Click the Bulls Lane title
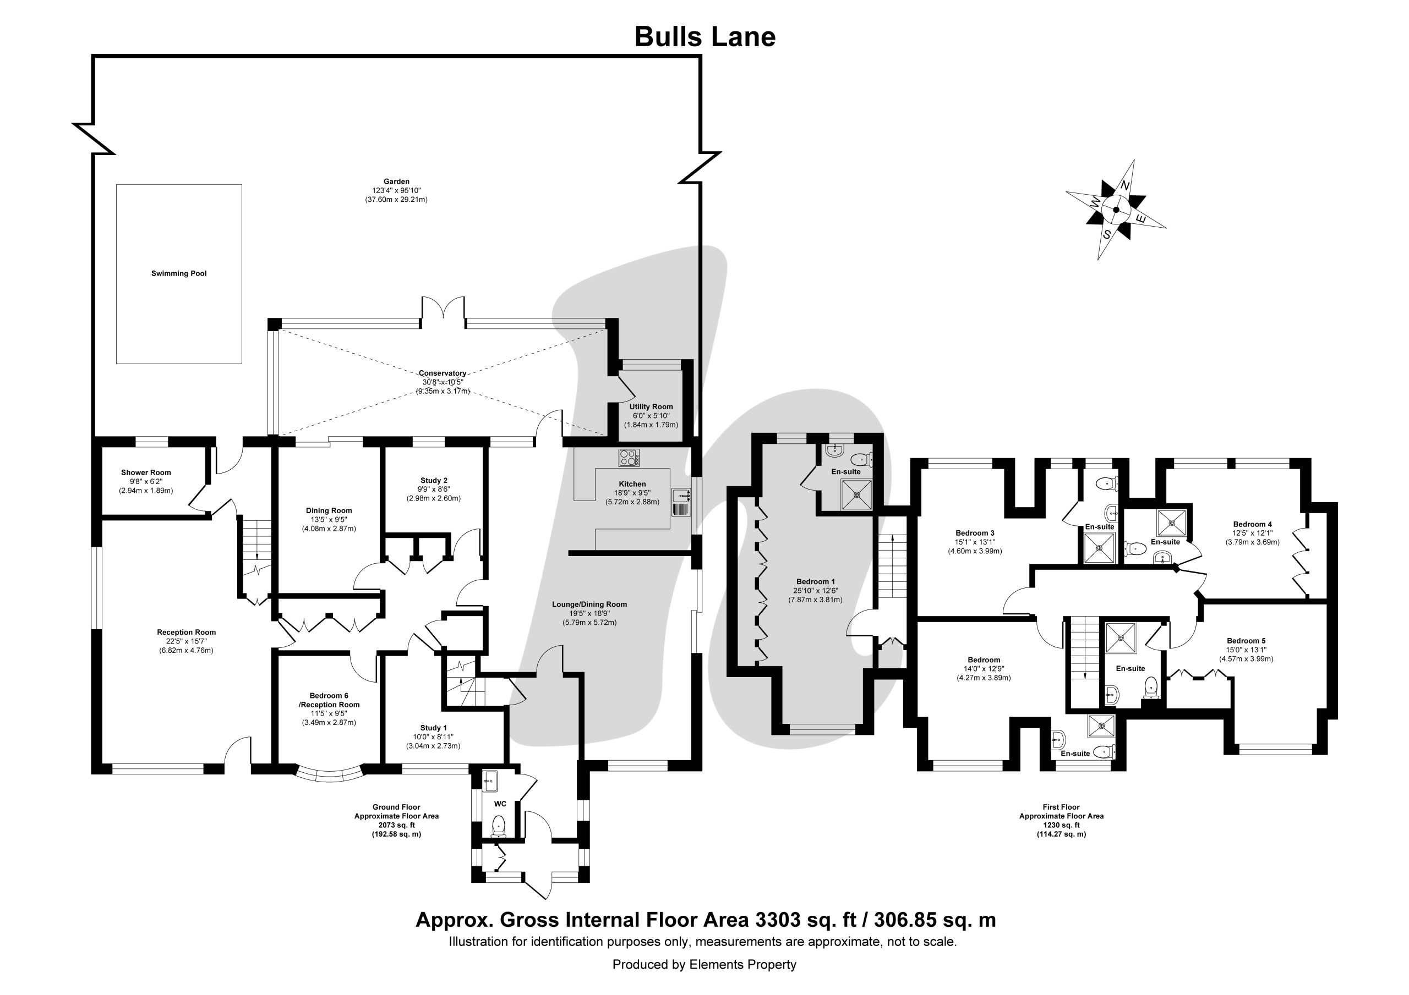[x=704, y=37]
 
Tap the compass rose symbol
[x=1116, y=210]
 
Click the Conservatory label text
[x=442, y=373]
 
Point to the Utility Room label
[x=651, y=406]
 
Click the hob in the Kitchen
[x=629, y=458]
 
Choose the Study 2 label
[x=434, y=480]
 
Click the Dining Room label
[x=329, y=510]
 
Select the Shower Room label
[x=146, y=472]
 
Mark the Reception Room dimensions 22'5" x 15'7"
[x=187, y=641]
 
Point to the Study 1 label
[x=433, y=728]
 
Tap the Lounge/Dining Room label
[x=589, y=604]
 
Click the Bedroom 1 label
[x=816, y=581]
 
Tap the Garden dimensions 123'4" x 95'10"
[x=396, y=191]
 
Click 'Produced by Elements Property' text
[x=704, y=965]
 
